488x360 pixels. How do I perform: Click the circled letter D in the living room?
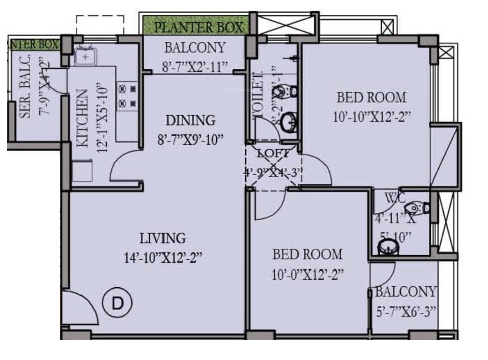(x=117, y=303)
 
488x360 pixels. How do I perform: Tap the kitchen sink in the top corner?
(x=85, y=57)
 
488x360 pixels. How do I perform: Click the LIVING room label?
(x=162, y=238)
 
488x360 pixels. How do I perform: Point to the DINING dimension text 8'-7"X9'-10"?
(x=190, y=140)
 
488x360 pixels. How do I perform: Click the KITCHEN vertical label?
(x=83, y=118)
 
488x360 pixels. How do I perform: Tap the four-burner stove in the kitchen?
(x=128, y=97)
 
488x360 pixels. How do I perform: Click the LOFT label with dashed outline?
(x=273, y=153)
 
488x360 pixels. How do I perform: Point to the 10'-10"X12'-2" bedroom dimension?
(x=371, y=117)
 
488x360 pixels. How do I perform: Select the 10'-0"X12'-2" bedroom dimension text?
(x=307, y=275)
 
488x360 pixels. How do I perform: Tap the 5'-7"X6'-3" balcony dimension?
(x=406, y=312)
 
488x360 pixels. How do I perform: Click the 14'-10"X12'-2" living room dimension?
(x=162, y=258)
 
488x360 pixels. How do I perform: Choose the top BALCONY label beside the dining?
(x=195, y=48)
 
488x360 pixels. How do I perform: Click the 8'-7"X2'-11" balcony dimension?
(x=196, y=67)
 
